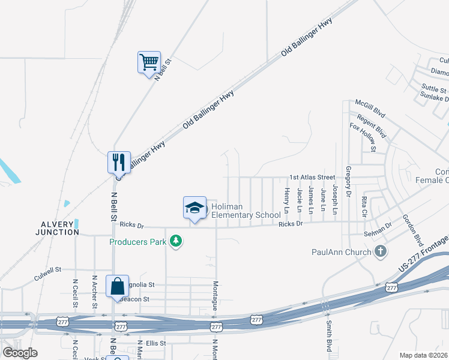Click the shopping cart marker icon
coord(149,61)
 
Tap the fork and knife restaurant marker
coord(119,161)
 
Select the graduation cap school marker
coord(194,208)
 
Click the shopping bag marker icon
coord(116,286)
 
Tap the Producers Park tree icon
coord(176,241)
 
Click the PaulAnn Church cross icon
coord(379,251)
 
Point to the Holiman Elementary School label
coord(246,211)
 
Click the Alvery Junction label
coord(58,228)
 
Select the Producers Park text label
coord(138,242)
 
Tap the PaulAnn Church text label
coord(341,252)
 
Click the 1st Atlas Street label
coord(312,178)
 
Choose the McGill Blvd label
coord(370,108)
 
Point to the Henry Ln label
coord(286,200)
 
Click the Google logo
coord(20,353)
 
